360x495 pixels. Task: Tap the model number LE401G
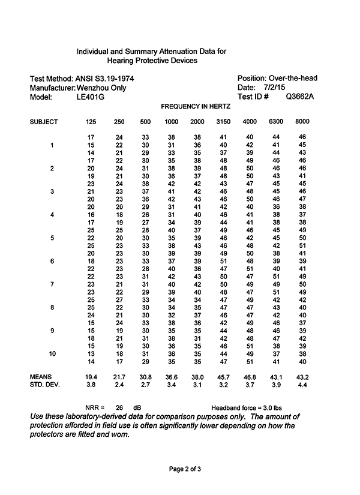90,97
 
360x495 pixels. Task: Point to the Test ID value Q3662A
300,97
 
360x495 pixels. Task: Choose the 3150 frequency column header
223,122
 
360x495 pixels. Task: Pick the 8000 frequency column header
302,122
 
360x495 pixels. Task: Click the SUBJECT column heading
44,122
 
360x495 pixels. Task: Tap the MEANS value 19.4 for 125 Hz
91,376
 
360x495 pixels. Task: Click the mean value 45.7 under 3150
223,376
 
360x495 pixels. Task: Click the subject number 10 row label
53,354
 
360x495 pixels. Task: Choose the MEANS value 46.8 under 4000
250,376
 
